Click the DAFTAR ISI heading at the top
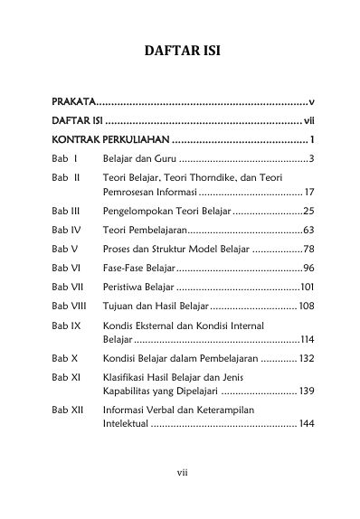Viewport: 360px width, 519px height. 180,52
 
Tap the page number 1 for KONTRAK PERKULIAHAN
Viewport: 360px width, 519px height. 311,139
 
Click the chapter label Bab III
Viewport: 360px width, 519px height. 66,209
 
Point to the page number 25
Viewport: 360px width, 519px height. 308,209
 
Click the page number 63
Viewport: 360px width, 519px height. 308,230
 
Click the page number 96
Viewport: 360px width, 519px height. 308,269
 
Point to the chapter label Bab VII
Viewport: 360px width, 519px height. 67,288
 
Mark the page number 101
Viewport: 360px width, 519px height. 307,288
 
